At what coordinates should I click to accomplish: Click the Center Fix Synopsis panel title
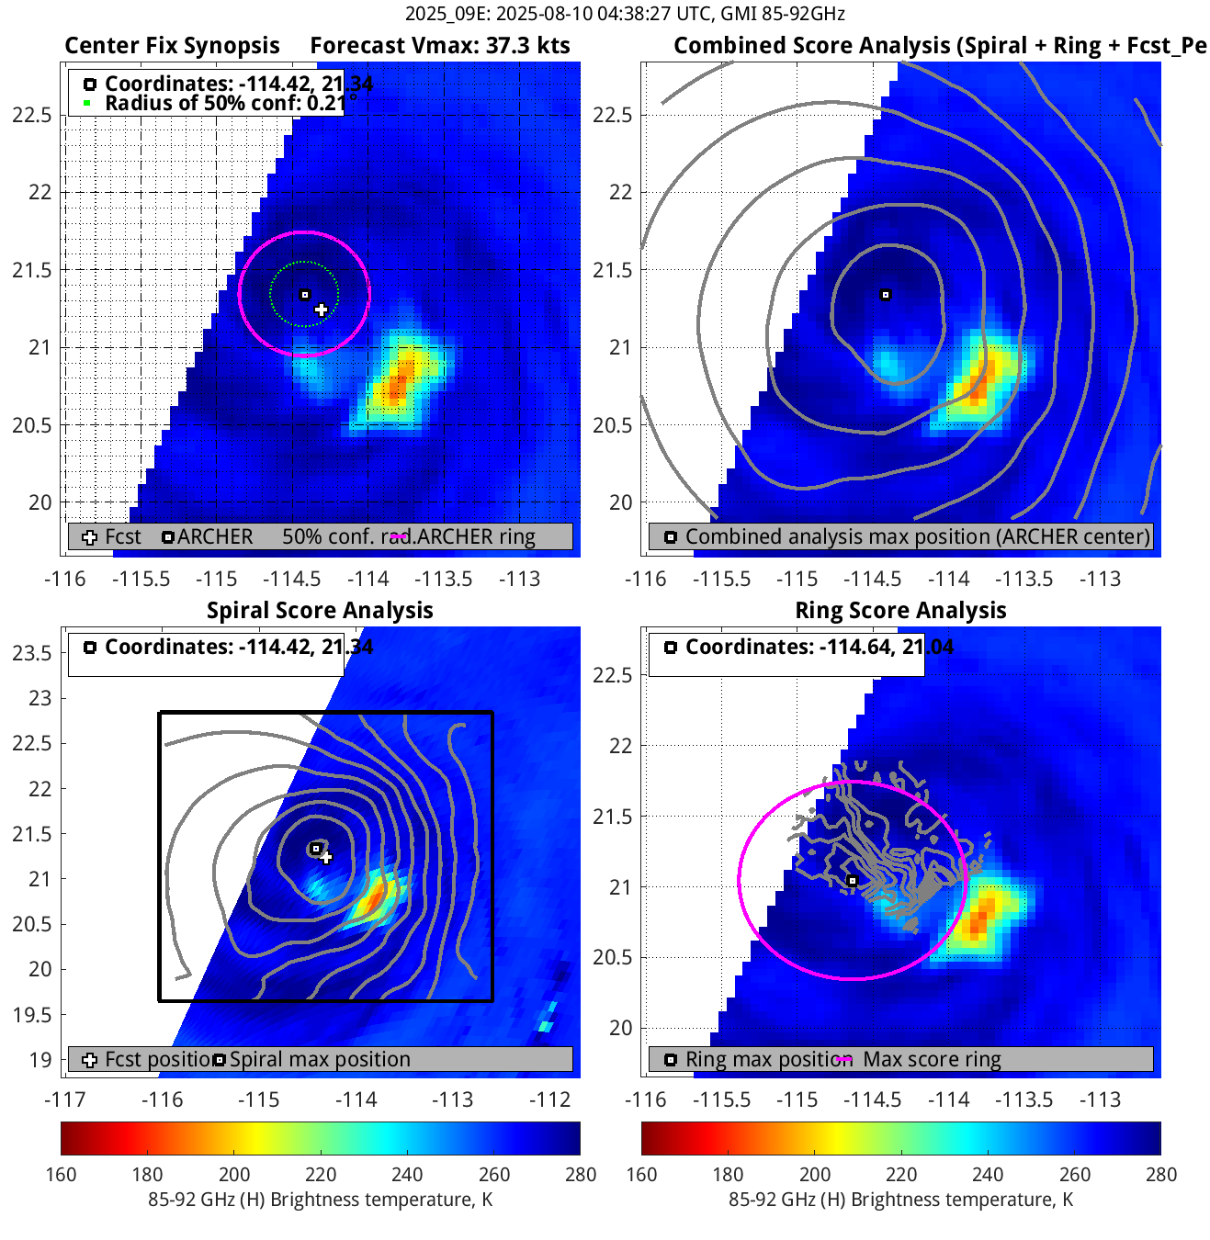click(x=172, y=46)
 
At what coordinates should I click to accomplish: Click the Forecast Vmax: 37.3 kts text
click(x=439, y=46)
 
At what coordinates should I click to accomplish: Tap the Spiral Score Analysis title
click(x=320, y=611)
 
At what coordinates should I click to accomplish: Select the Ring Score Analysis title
click(x=900, y=611)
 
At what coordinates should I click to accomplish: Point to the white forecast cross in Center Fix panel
click(x=321, y=310)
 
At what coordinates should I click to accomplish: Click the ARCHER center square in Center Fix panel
click(x=305, y=295)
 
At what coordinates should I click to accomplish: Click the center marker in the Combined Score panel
click(x=886, y=295)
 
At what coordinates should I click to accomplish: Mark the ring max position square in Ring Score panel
click(x=853, y=881)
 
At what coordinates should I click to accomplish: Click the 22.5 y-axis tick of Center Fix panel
click(x=32, y=115)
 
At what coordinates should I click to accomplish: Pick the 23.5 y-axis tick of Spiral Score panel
click(x=32, y=653)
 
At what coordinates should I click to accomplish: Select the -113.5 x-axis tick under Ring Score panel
click(x=1024, y=1099)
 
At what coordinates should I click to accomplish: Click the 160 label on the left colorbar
click(x=61, y=1175)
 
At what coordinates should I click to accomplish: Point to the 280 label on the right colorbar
click(x=1161, y=1175)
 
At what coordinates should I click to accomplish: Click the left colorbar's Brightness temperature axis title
click(x=320, y=1200)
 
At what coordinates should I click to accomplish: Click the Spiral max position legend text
click(x=320, y=1060)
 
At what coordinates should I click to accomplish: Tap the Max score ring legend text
click(x=932, y=1060)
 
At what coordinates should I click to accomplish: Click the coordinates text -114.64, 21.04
click(x=819, y=648)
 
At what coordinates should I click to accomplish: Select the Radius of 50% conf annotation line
click(x=224, y=103)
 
